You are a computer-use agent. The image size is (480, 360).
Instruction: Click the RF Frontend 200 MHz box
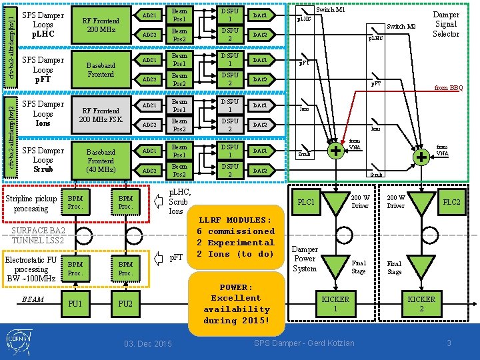coord(101,25)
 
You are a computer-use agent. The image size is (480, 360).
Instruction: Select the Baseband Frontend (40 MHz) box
coord(101,161)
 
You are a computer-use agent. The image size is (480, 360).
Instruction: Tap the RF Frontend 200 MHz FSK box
coord(101,115)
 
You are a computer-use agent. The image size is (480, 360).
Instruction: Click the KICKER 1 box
coord(335,303)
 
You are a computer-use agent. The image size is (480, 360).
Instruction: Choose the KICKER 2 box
coord(421,303)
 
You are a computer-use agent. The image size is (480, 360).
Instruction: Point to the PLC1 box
coord(306,202)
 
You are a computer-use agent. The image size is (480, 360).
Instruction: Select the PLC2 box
coord(451,202)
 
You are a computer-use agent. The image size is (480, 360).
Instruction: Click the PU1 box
coord(75,304)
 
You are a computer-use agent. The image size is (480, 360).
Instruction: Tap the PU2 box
coord(125,304)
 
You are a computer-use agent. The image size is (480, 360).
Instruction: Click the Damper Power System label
coord(305,259)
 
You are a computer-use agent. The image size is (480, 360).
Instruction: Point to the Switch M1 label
coord(330,10)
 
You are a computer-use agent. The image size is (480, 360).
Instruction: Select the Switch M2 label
coord(401,27)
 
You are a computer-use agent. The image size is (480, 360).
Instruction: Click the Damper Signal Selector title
coord(446,24)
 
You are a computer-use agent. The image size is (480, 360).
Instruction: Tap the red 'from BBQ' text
coord(449,87)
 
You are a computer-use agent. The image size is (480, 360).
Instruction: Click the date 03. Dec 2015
coord(148,343)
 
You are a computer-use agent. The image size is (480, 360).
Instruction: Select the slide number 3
coord(449,343)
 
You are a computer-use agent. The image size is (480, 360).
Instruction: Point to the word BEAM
coord(33,299)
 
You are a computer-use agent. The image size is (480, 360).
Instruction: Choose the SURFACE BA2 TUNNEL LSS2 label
coord(38,235)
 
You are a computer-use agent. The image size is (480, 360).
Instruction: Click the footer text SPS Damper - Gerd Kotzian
coord(305,343)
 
